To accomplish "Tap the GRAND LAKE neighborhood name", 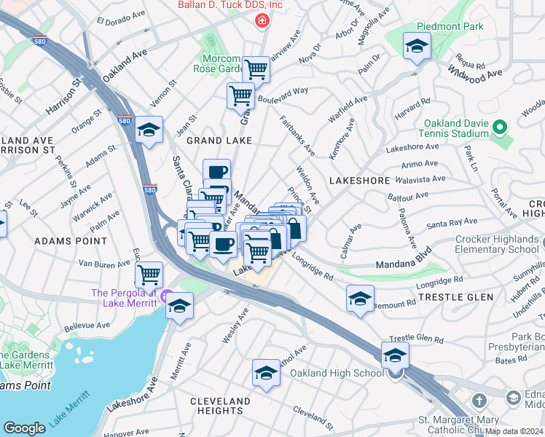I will click(x=219, y=139).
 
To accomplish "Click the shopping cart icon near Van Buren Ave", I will click(x=149, y=275).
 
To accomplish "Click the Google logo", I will click(x=24, y=428).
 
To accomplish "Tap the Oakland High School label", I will click(x=337, y=374).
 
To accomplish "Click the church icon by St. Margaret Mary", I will click(x=479, y=401).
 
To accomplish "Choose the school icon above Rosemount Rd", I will click(x=360, y=299).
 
